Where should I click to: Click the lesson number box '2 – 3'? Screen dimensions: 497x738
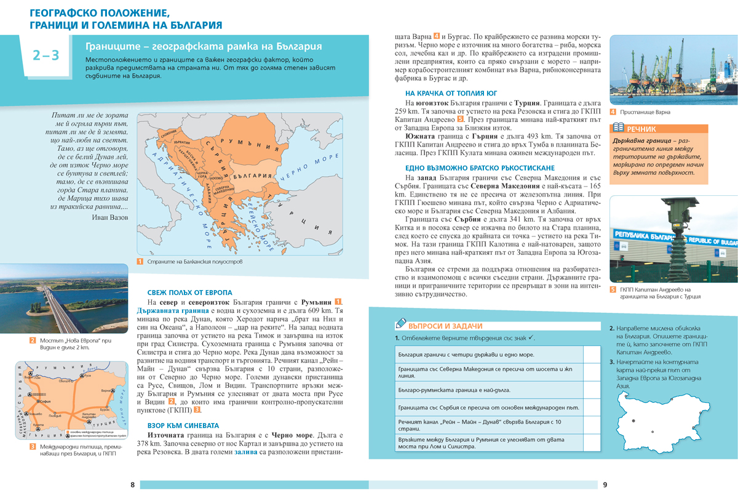(46, 56)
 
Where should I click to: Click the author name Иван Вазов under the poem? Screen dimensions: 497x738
(111, 217)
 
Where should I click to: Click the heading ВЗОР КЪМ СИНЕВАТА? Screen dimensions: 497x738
(183, 425)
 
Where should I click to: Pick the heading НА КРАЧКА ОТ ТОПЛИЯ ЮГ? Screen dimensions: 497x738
(445, 93)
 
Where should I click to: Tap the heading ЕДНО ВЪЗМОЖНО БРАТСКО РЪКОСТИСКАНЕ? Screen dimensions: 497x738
(467, 168)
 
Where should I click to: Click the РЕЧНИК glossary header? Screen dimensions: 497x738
(641, 129)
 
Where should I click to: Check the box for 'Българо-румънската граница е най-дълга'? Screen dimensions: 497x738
(591, 390)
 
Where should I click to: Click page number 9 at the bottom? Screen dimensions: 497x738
(605, 485)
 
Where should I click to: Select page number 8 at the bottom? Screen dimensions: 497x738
(132, 485)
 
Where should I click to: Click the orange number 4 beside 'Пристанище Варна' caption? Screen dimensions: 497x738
(613, 112)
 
